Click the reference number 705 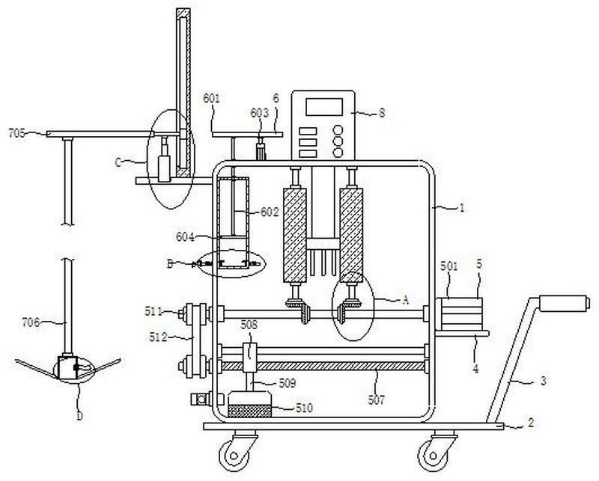tap(16, 133)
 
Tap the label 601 tap(211, 99)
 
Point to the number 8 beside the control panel tap(382, 113)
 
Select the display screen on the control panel tap(324, 106)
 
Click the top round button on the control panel tap(338, 130)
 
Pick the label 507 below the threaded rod tap(377, 399)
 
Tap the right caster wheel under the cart tap(433, 455)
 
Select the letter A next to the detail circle tap(405, 300)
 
